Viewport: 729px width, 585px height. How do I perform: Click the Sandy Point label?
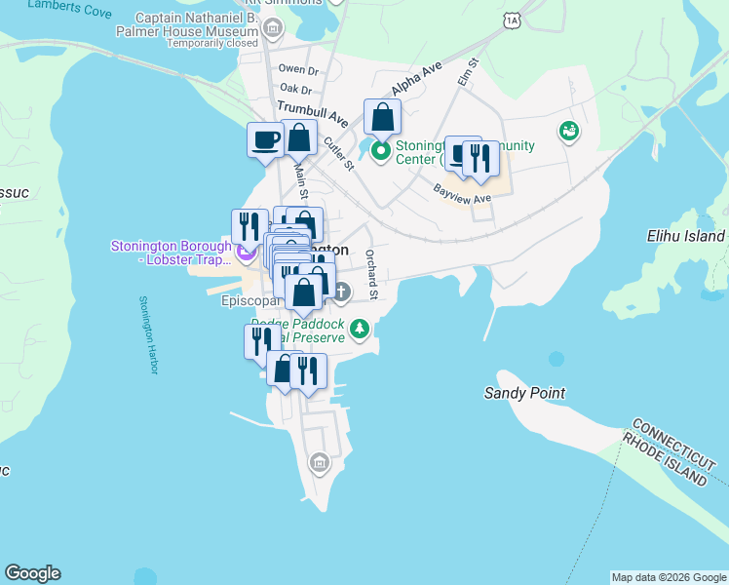524,393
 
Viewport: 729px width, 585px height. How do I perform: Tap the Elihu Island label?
686,236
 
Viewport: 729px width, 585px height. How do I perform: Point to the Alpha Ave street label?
416,79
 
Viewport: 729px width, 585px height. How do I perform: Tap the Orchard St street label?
371,274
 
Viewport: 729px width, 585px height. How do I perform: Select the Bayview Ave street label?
462,195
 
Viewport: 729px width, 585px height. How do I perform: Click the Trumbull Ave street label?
313,113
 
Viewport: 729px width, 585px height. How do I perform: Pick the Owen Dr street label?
298,69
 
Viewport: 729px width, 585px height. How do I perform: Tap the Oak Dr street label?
295,89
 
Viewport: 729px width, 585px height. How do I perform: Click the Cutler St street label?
338,153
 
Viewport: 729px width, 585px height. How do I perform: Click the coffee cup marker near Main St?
265,138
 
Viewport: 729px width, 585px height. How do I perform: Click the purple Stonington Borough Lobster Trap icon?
246,254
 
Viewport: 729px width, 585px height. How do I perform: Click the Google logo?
32,573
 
